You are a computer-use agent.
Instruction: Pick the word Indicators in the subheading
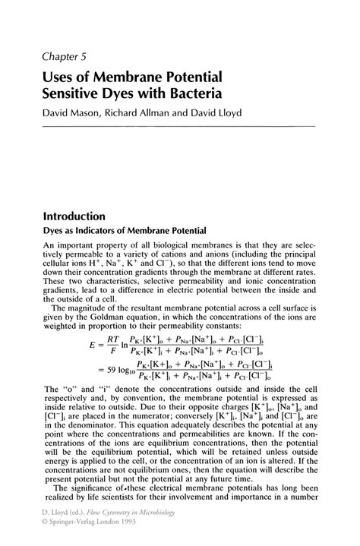99,231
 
